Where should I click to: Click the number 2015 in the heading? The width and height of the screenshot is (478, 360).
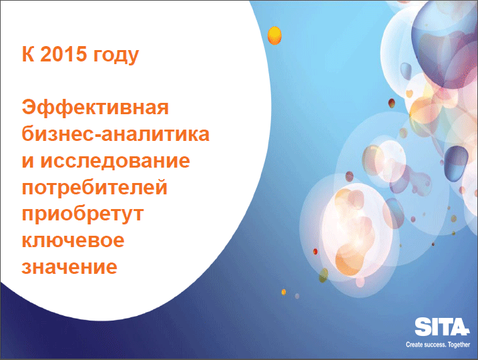point(63,54)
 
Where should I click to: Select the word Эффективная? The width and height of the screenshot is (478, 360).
point(95,108)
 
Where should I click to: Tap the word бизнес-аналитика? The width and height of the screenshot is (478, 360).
point(115,134)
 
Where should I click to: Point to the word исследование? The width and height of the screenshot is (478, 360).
point(115,160)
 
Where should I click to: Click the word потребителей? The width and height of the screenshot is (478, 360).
point(95,188)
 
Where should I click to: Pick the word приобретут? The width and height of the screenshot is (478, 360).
point(83,214)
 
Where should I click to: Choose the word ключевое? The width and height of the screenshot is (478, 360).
point(73,240)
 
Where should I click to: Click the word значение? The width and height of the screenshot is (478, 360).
point(69,267)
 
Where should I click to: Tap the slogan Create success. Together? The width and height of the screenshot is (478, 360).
point(438,345)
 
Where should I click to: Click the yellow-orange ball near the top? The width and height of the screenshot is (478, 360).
point(274,35)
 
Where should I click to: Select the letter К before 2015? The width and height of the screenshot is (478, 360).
point(28,54)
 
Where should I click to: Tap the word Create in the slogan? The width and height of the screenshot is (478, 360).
point(415,345)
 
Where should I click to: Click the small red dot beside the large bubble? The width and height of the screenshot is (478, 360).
point(315,252)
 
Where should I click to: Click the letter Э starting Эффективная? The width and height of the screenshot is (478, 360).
point(29,108)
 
